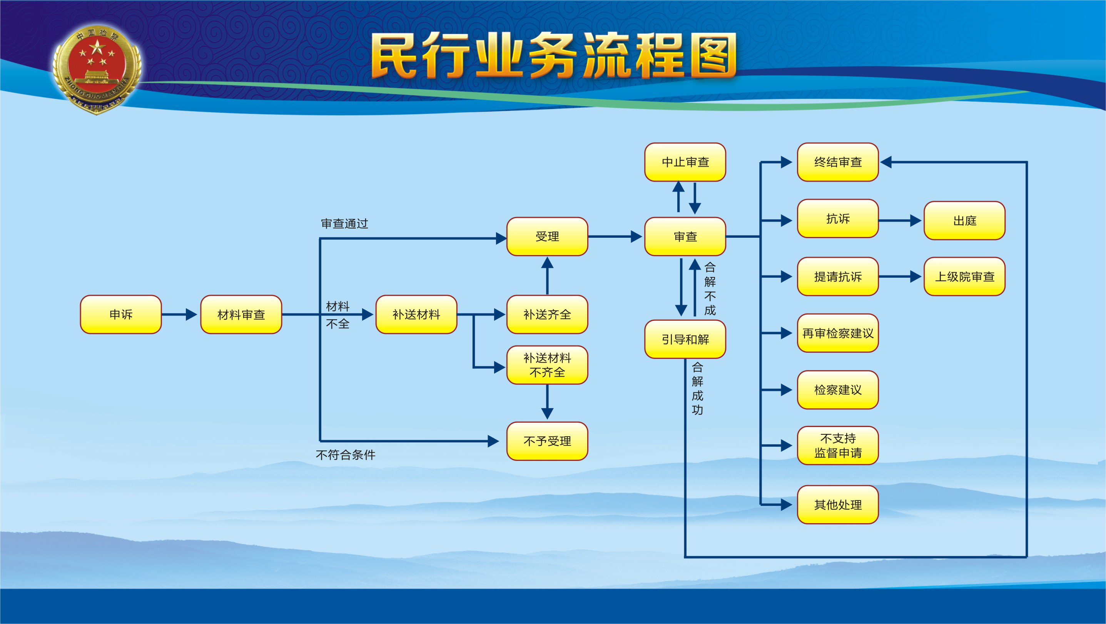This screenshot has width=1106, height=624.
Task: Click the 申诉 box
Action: point(121,314)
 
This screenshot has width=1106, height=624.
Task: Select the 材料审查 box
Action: point(241,314)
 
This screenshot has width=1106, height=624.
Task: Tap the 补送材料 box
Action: point(416,314)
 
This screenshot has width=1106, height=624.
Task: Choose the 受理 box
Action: point(547,237)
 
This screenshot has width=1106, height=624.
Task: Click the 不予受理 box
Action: point(547,441)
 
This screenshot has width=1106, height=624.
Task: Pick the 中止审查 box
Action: point(685,162)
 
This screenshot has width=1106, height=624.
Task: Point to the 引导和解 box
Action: point(685,339)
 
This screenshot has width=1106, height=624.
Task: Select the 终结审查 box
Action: point(838,162)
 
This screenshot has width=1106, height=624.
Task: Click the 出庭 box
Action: point(964,220)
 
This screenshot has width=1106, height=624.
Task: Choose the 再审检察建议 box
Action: point(838,333)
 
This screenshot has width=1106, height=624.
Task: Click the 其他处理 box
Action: point(838,504)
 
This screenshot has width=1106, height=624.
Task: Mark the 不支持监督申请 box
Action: point(838,445)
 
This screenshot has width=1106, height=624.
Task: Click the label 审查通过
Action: point(344,224)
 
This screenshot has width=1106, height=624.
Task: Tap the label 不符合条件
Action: point(345,454)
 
